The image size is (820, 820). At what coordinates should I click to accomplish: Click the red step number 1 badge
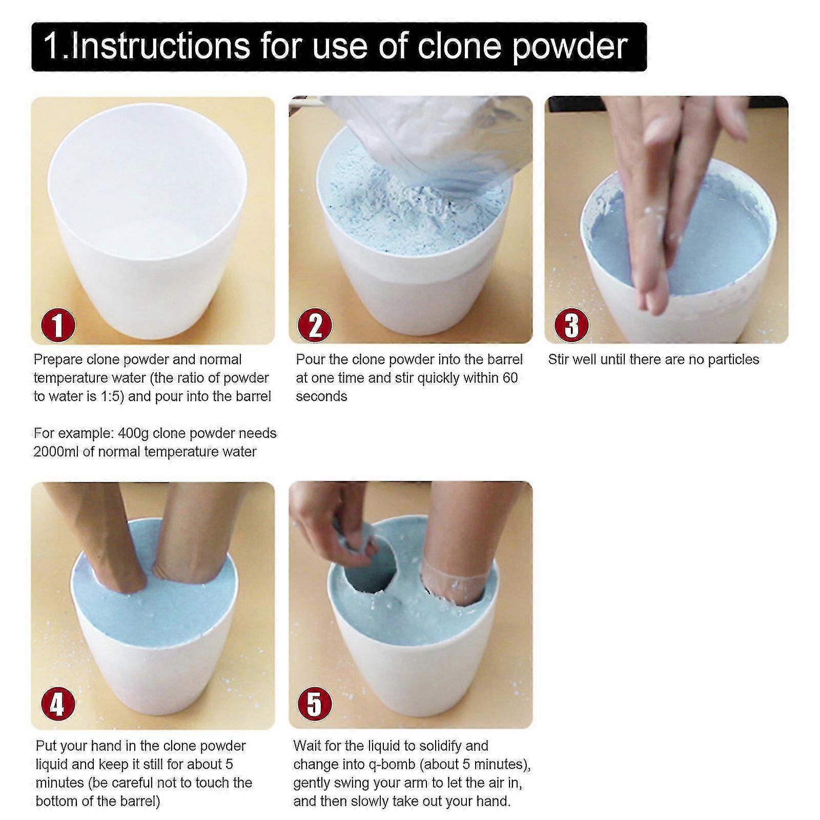(58, 325)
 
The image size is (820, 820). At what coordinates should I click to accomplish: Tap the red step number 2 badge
(315, 325)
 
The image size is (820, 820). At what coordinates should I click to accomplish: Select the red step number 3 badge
(571, 325)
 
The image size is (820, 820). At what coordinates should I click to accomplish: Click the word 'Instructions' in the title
(160, 46)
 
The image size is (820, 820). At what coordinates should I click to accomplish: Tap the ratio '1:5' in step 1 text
(112, 397)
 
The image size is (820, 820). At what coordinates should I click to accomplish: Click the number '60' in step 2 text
(509, 378)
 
